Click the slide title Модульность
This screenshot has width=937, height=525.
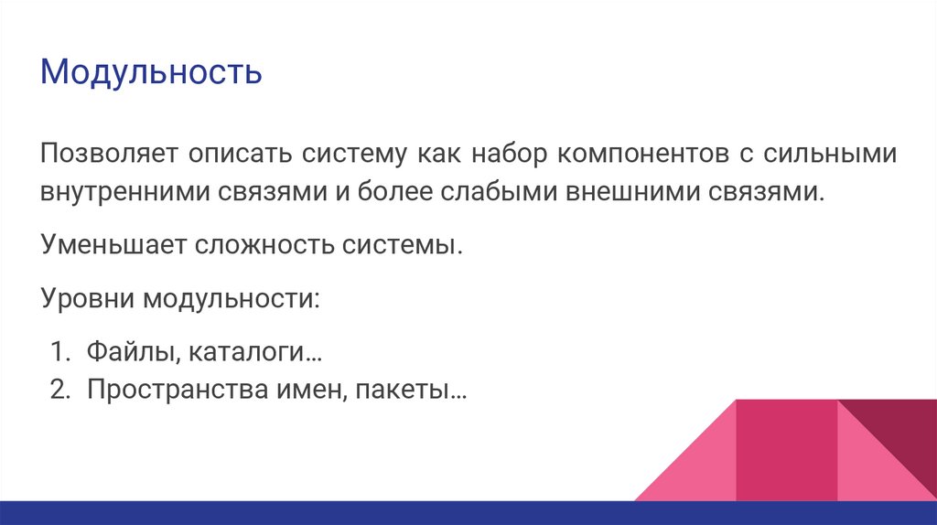click(151, 72)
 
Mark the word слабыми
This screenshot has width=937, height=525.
click(503, 194)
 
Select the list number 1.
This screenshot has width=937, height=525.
click(58, 353)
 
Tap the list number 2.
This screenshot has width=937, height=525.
click(58, 390)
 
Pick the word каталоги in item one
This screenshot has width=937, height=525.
click(247, 353)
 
